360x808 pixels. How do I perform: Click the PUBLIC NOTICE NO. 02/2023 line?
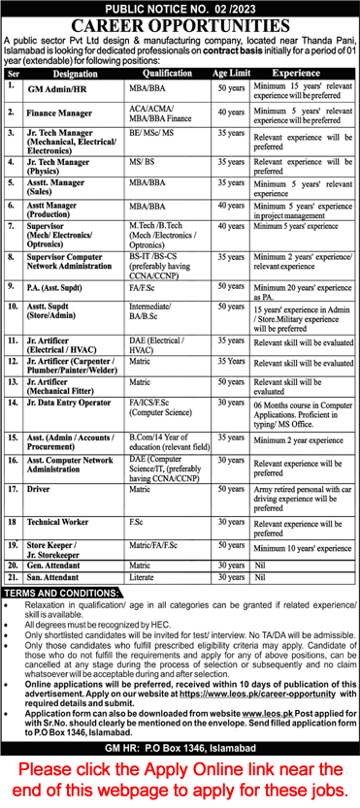click(x=180, y=7)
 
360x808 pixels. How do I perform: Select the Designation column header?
click(x=76, y=72)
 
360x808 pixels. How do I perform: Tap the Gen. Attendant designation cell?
click(x=58, y=564)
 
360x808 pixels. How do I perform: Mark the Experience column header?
click(x=299, y=72)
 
